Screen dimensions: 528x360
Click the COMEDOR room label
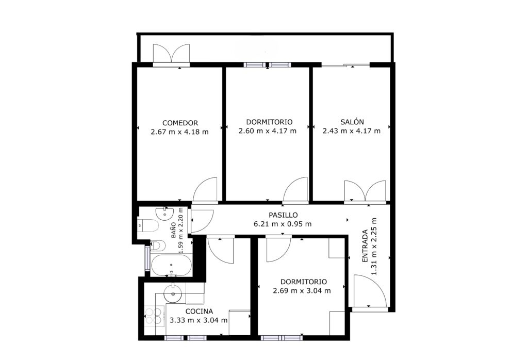click(180, 123)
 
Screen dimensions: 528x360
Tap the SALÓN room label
click(352, 122)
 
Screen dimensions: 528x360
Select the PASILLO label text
click(283, 215)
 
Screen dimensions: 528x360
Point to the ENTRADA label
click(365, 246)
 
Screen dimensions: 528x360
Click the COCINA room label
click(199, 312)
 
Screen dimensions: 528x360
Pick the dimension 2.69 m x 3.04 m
click(302, 290)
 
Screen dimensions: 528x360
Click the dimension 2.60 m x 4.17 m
click(268, 130)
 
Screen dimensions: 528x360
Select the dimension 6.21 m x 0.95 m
click(282, 224)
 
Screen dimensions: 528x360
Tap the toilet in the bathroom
click(147, 225)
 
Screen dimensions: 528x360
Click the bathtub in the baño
click(171, 266)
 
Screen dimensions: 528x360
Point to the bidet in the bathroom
click(157, 245)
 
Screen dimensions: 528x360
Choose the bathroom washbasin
click(164, 213)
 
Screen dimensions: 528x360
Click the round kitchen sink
click(173, 293)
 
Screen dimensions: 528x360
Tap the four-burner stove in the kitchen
click(153, 316)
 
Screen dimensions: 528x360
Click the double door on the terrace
click(171, 53)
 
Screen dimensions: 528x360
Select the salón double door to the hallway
click(365, 191)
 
